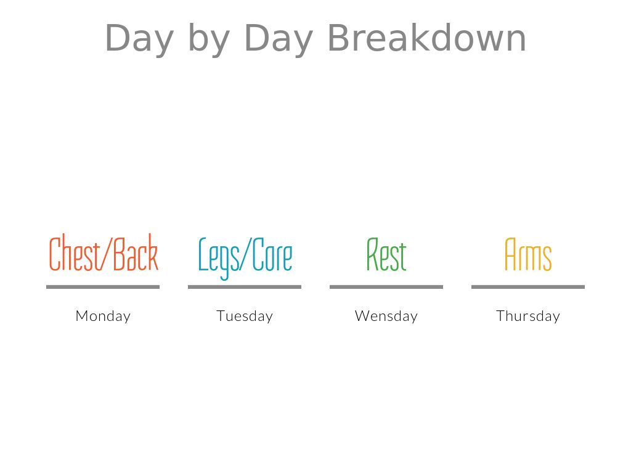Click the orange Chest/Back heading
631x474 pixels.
[104, 252]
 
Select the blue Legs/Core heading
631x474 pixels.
[245, 258]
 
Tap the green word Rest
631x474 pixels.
[386, 254]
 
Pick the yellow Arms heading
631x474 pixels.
[528, 254]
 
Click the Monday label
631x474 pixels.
[103, 316]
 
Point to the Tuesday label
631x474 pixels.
[245, 316]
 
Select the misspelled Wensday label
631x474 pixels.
[386, 316]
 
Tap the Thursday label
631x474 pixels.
[528, 316]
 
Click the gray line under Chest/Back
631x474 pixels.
[103, 287]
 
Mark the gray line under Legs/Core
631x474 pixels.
[245, 287]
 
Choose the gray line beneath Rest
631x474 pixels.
[386, 287]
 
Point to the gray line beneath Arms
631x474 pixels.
[528, 287]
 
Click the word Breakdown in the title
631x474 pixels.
[427, 38]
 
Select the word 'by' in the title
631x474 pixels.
[209, 39]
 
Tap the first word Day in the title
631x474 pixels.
[139, 40]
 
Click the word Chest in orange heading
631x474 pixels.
[75, 253]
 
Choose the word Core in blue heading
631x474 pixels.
[272, 255]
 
